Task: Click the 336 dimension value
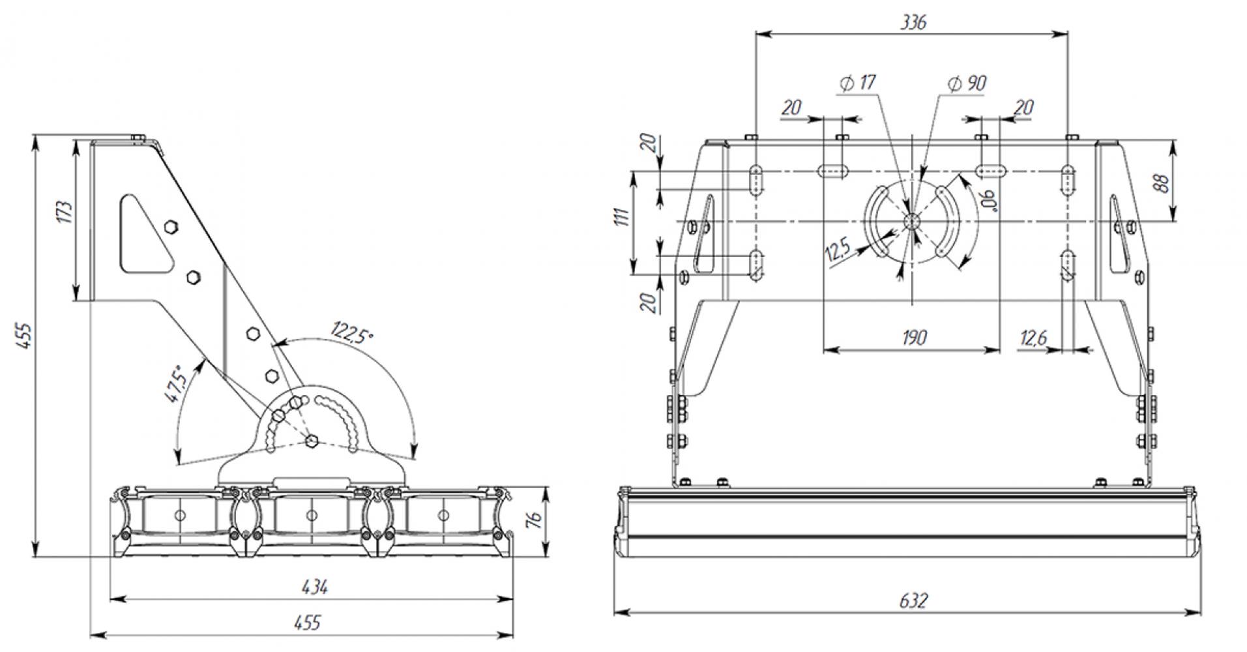pos(913,22)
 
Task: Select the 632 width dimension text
pos(913,600)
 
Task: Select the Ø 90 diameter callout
pos(967,83)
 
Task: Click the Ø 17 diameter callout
pos(858,83)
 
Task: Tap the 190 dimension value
pos(914,338)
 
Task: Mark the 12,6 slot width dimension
pos(1033,338)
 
